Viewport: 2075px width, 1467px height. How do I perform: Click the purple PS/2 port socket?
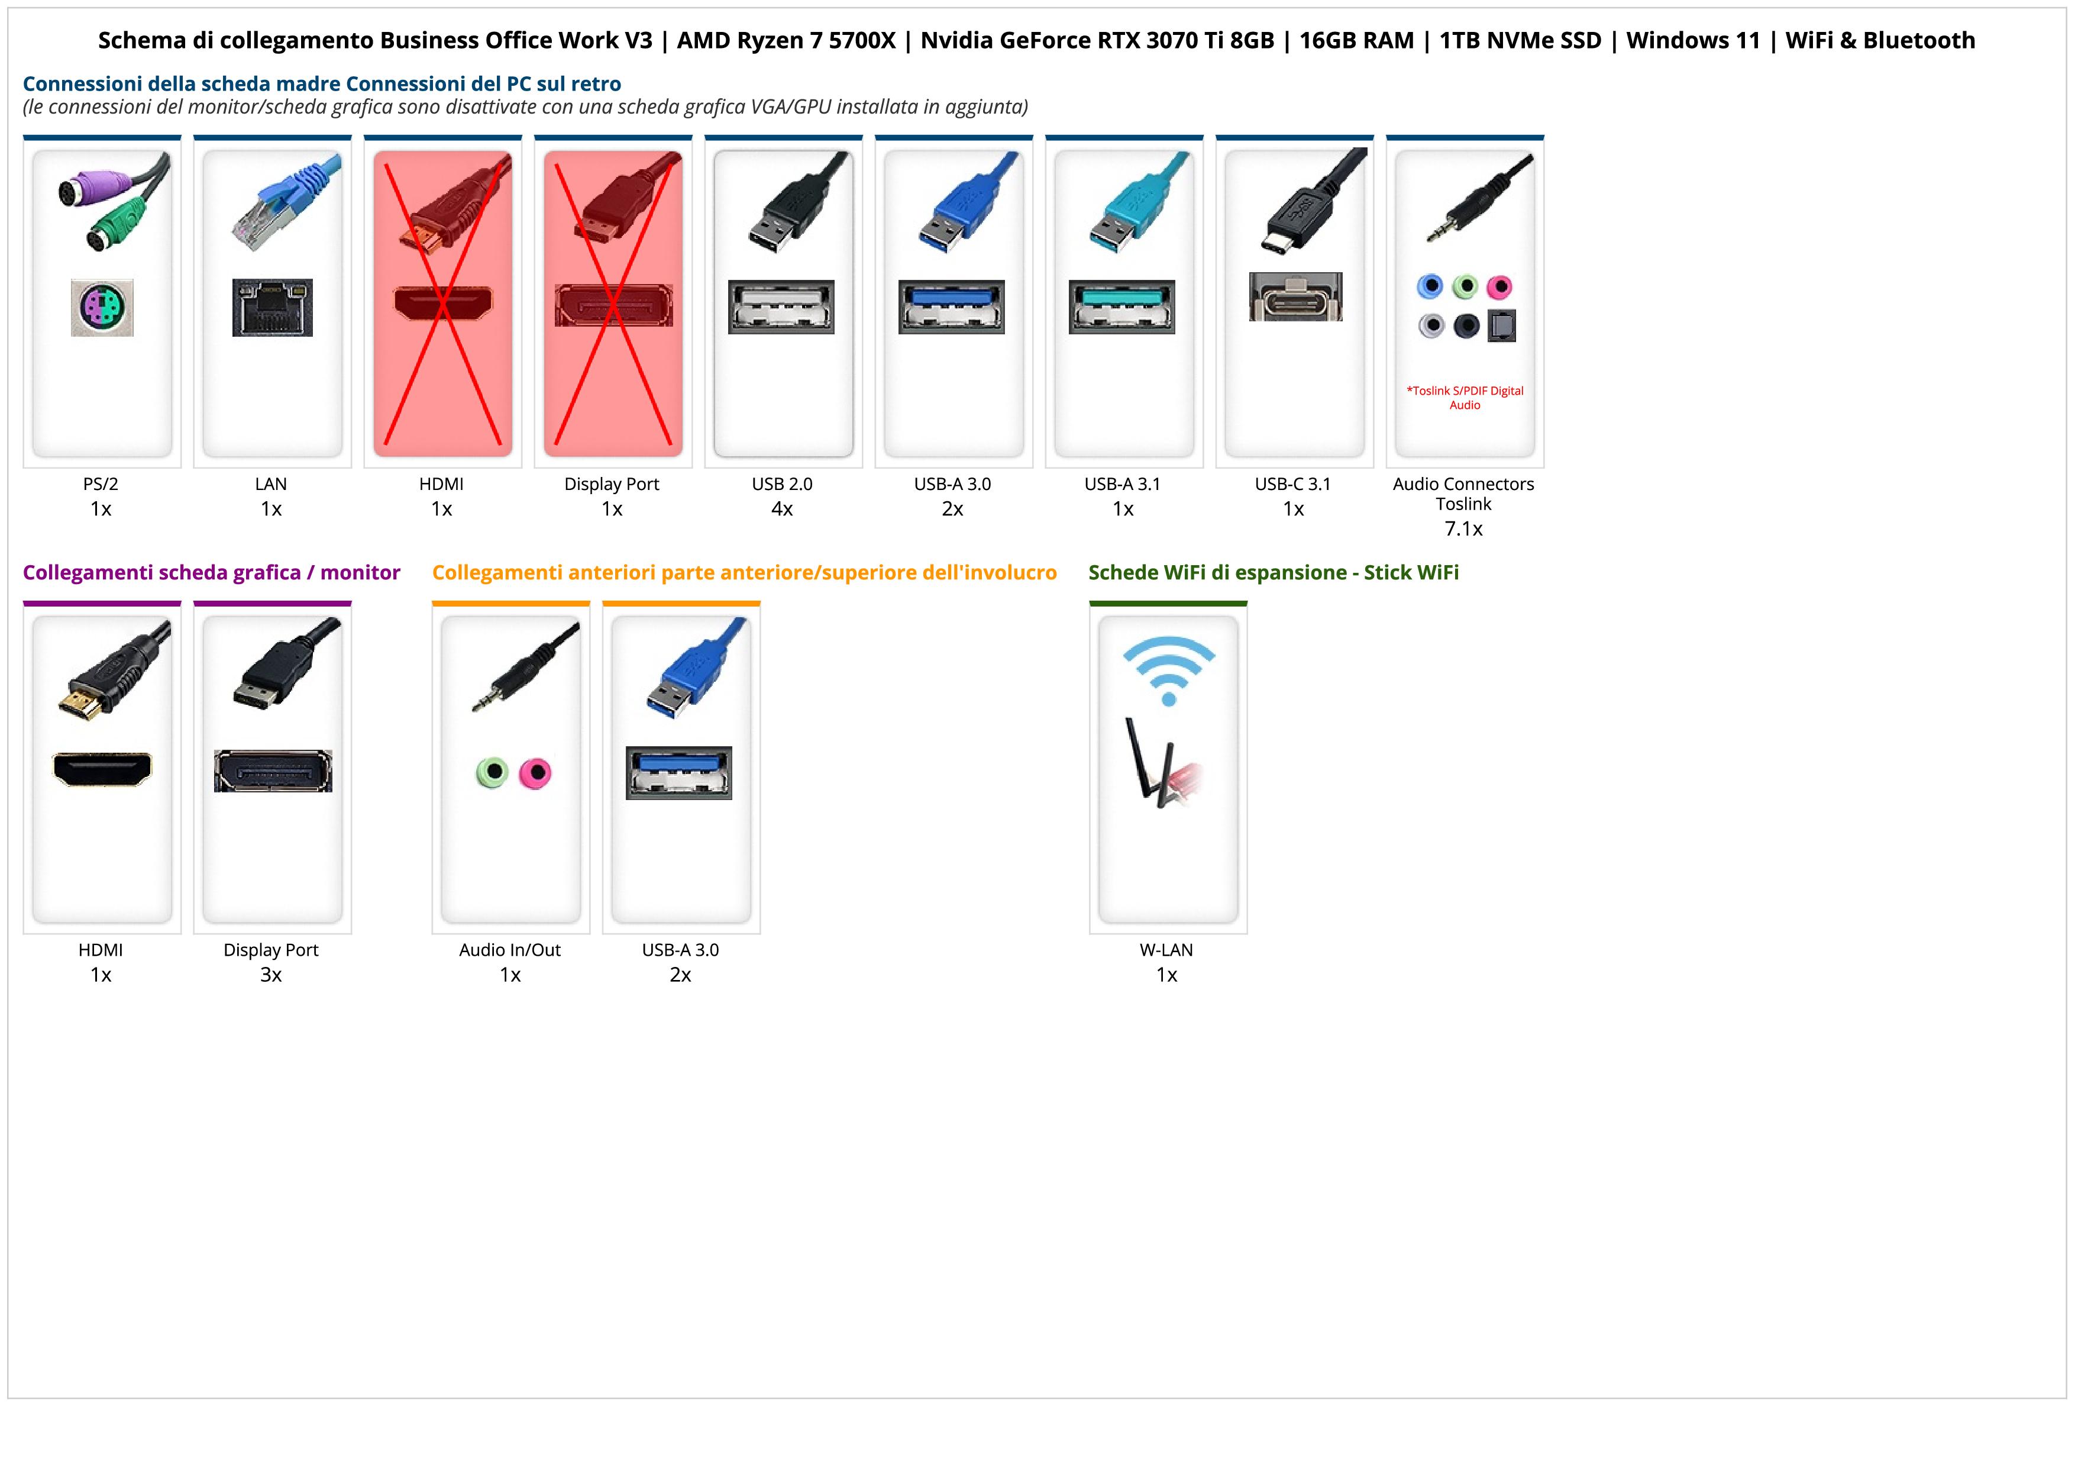(102, 308)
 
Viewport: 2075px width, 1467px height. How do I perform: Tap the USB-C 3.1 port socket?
(1295, 296)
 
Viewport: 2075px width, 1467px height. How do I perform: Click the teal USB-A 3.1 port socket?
(1121, 307)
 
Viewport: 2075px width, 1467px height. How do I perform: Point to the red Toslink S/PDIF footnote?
(1464, 398)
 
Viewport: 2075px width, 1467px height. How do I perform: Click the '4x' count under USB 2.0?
(782, 509)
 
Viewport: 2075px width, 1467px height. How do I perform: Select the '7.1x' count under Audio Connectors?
(1463, 529)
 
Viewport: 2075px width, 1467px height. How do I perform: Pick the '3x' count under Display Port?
(271, 975)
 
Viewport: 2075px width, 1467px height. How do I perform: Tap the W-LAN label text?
(1166, 950)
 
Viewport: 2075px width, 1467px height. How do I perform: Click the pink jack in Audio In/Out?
(536, 773)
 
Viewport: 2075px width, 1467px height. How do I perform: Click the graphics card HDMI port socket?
(102, 769)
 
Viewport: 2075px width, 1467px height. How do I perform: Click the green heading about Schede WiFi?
(1274, 572)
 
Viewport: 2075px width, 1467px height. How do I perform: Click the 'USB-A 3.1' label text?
(1121, 483)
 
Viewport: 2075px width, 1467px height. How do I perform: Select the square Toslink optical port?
(1501, 325)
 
